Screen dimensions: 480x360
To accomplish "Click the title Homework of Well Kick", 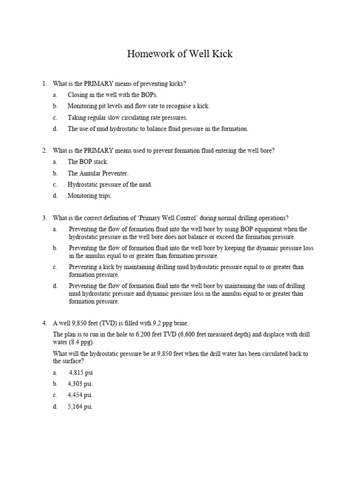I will tap(180, 54).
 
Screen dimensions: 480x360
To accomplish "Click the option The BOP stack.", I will tap(88, 162).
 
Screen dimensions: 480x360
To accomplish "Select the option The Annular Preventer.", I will tap(97, 173).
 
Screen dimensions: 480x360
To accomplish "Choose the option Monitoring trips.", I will tap(90, 196).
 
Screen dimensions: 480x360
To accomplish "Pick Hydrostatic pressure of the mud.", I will tap(110, 185).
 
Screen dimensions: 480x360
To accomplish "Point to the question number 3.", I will tap(44, 218).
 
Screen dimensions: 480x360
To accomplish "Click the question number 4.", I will tap(44, 323).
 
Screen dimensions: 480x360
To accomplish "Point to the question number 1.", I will tap(44, 84).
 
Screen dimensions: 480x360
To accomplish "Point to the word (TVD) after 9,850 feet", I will tap(108, 323).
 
